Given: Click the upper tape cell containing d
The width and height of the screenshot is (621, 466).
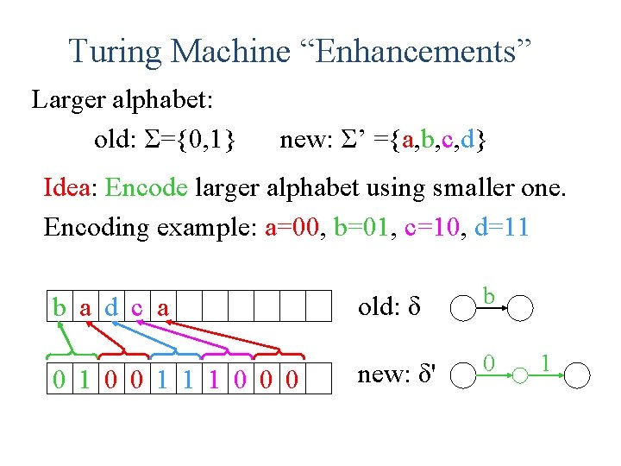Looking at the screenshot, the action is pyautogui.click(x=111, y=306).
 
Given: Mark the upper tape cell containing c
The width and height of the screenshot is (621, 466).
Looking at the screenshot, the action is pyautogui.click(x=137, y=306).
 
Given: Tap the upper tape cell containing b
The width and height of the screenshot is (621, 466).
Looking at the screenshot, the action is pyautogui.click(x=60, y=306).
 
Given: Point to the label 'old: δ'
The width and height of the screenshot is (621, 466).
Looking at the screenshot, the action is pyautogui.click(x=387, y=305).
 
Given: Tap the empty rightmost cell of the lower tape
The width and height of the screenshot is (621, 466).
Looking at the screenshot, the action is pyautogui.click(x=319, y=379).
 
